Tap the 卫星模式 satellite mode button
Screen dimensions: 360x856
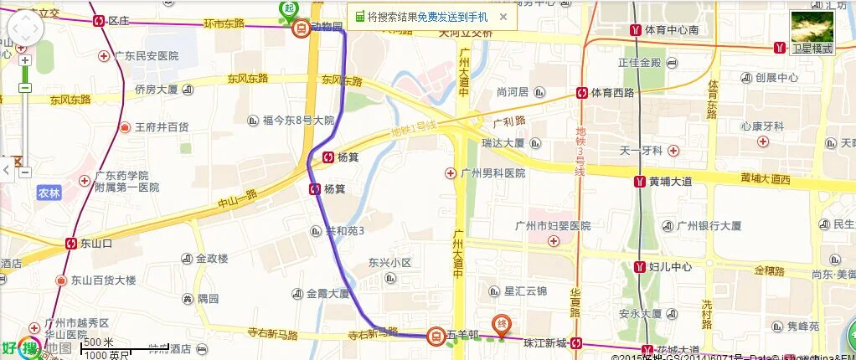812,33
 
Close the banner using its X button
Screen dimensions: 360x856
503,16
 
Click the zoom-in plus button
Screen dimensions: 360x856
25,60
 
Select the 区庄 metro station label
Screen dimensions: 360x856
118,20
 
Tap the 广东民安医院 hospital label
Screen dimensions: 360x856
147,56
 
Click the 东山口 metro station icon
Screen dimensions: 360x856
72,244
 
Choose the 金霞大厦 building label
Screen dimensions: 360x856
327,294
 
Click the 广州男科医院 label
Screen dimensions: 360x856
492,173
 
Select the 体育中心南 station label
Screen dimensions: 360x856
671,30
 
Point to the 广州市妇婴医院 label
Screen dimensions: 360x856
552,226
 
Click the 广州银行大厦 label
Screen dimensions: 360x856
709,225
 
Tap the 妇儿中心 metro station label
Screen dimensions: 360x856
670,267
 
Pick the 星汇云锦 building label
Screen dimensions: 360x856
524,291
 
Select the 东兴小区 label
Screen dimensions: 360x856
390,263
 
